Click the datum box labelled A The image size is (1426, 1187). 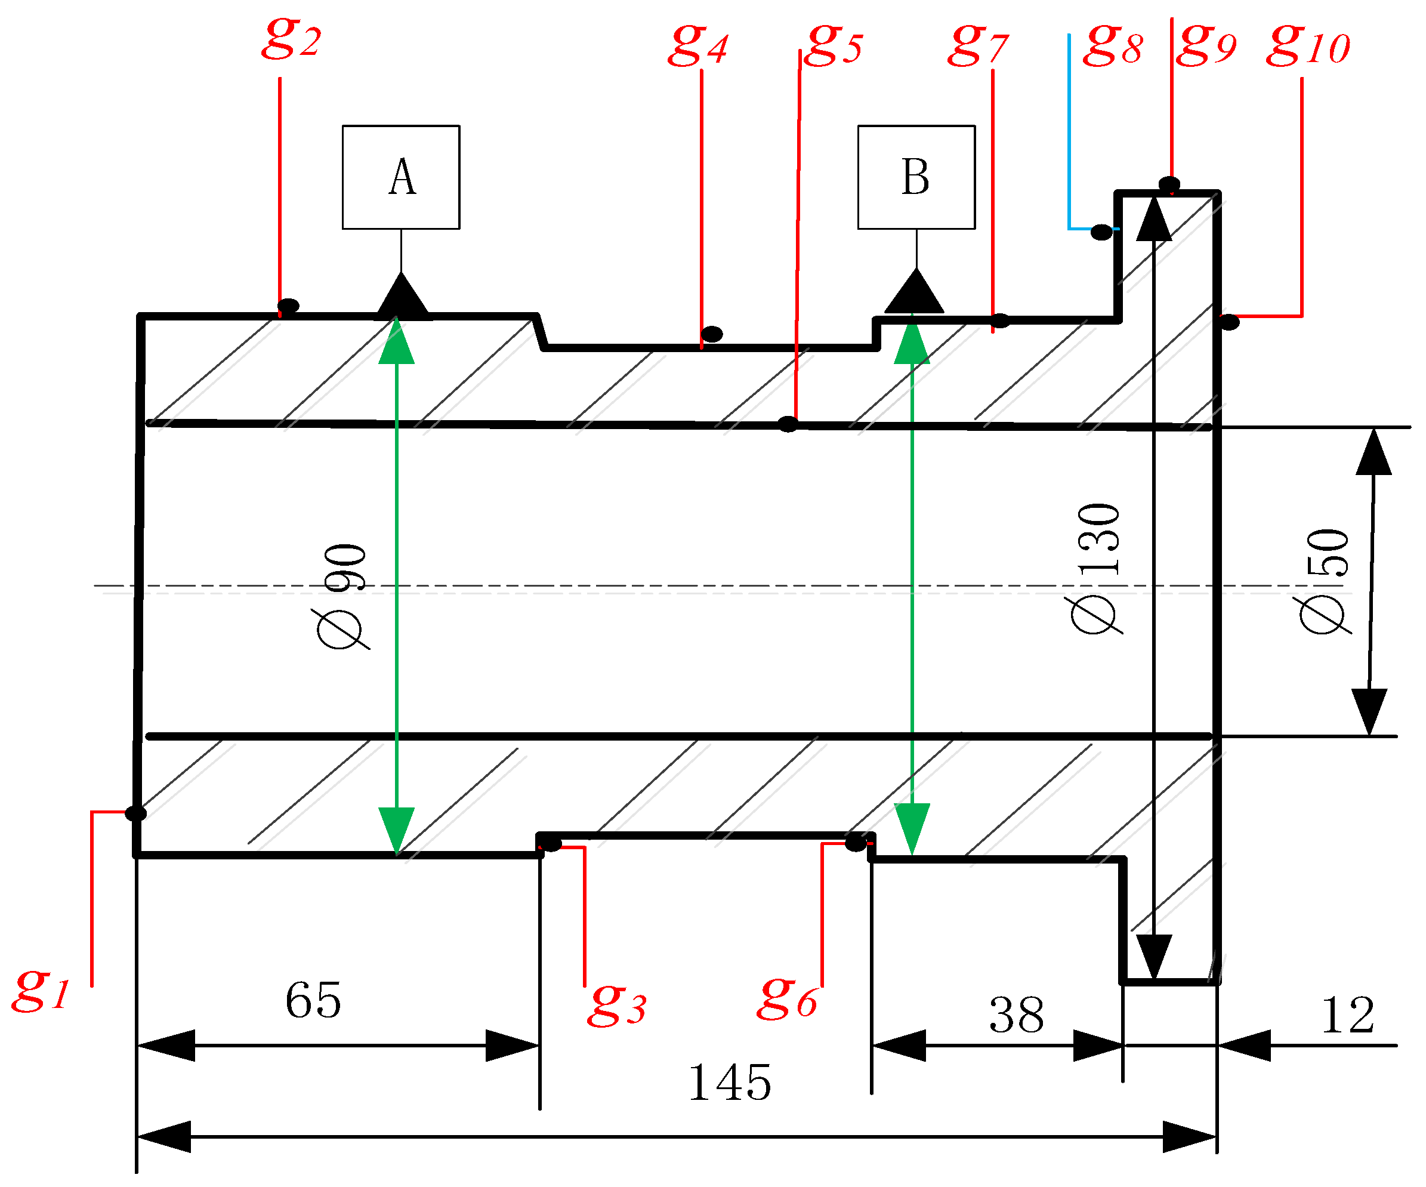pos(400,177)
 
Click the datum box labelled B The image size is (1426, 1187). pos(916,177)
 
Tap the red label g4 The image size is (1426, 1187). pos(697,46)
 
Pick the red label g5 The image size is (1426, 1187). pos(834,46)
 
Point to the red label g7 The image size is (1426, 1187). pos(978,46)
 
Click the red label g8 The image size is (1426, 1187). pos(1112,46)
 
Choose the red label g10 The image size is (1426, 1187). pos(1308,46)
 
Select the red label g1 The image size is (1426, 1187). pos(41,990)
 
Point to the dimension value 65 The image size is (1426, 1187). pos(313,1000)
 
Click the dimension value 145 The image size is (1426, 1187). pos(729,1083)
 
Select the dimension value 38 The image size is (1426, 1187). pos(1017,1016)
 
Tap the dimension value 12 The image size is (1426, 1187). pos(1348,1016)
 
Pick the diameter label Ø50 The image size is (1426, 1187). pos(1325,581)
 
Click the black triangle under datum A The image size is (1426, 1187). pos(403,296)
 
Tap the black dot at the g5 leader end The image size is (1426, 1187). pos(788,424)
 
